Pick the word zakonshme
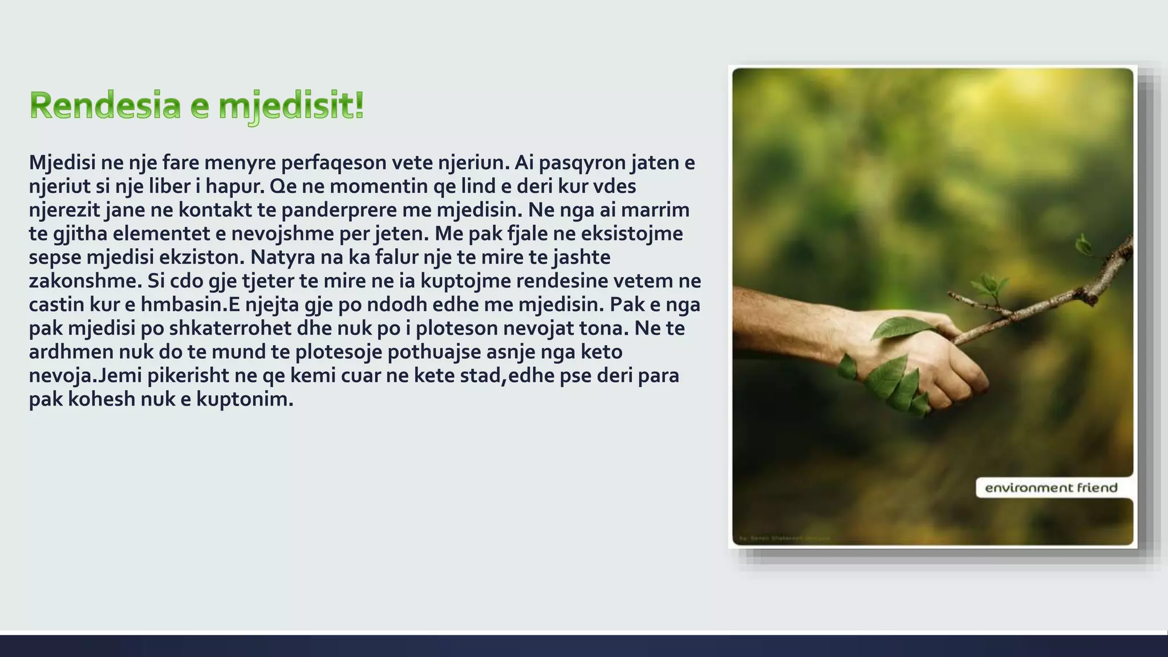pos(85,281)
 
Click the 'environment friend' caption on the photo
pos(1051,488)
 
